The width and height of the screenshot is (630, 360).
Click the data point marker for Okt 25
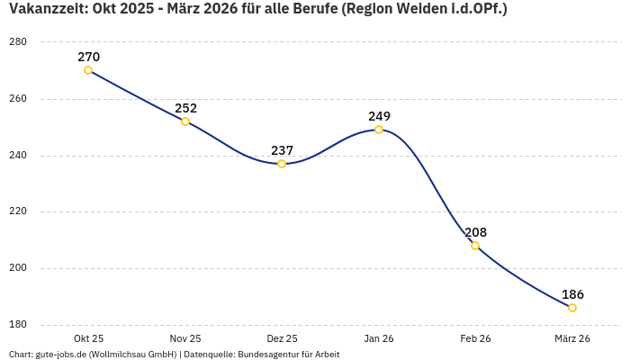pyautogui.click(x=88, y=70)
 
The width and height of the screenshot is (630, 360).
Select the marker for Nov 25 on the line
pyautogui.click(x=185, y=121)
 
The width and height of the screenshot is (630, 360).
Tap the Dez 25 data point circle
pyautogui.click(x=282, y=164)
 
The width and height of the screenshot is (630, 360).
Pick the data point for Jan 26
pyautogui.click(x=379, y=130)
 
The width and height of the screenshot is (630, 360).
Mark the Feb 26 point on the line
pyautogui.click(x=475, y=246)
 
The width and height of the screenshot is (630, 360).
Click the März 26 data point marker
pyautogui.click(x=572, y=308)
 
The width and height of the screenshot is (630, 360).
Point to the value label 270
pyautogui.click(x=88, y=57)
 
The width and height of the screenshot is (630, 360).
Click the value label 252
pyautogui.click(x=185, y=108)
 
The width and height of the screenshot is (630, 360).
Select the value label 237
pyautogui.click(x=282, y=150)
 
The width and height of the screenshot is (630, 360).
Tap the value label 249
pyautogui.click(x=379, y=116)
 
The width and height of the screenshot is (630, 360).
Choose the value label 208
pyautogui.click(x=475, y=232)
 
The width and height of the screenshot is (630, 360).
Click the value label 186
pyautogui.click(x=572, y=294)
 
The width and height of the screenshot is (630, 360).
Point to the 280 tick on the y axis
pyautogui.click(x=17, y=42)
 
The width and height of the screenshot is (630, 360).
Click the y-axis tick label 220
pyautogui.click(x=17, y=211)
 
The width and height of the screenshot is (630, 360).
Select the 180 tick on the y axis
pyautogui.click(x=17, y=325)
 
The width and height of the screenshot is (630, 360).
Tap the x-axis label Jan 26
pyautogui.click(x=379, y=338)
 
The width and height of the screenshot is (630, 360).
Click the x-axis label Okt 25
pyautogui.click(x=88, y=338)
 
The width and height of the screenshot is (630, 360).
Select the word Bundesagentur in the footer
pyautogui.click(x=267, y=355)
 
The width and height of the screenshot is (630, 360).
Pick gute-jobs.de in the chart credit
pyautogui.click(x=60, y=355)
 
